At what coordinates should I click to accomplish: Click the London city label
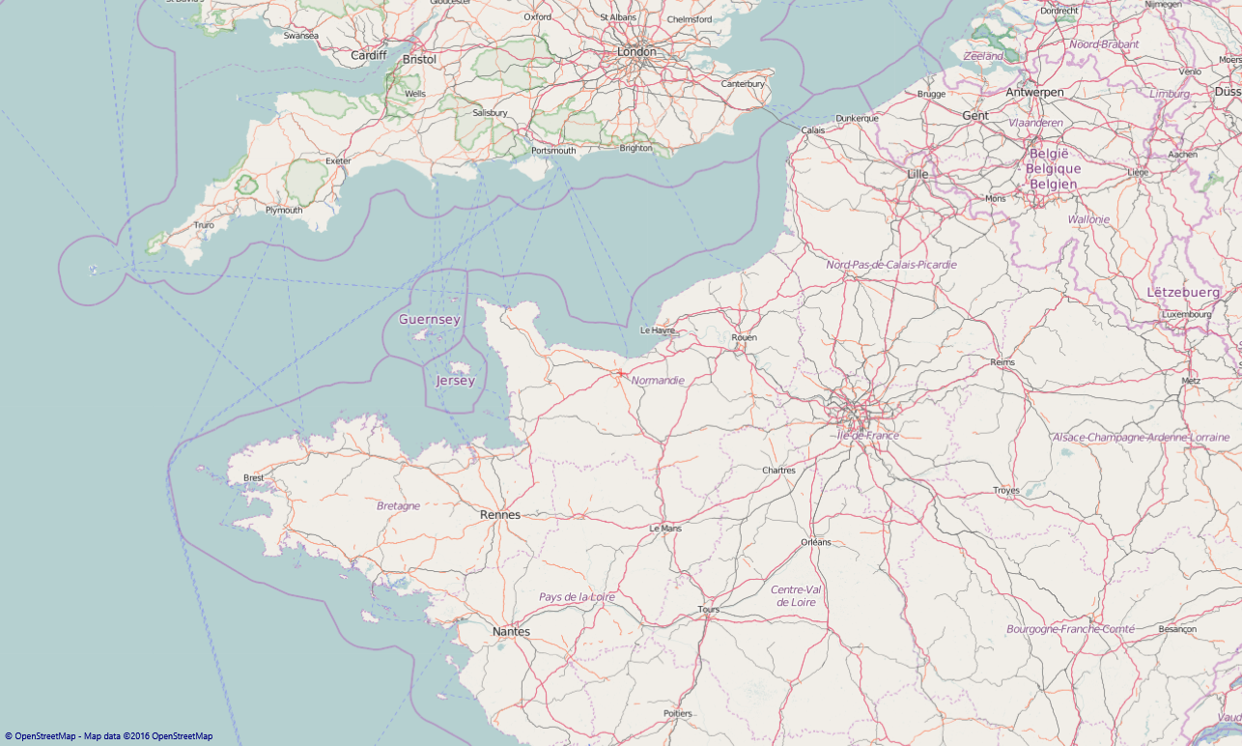(636, 52)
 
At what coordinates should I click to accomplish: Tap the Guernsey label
(430, 320)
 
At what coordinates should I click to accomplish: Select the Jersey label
(455, 381)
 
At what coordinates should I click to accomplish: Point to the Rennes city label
(500, 515)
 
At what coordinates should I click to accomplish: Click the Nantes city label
(511, 632)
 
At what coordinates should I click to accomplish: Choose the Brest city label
(254, 477)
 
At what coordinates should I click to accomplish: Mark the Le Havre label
(658, 330)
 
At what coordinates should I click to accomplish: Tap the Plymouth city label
(284, 210)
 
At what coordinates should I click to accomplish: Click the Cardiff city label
(368, 56)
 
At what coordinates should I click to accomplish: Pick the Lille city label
(917, 174)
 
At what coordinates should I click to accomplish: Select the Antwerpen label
(1034, 93)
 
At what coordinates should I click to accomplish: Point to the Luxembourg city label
(1187, 314)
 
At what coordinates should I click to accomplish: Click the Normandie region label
(658, 381)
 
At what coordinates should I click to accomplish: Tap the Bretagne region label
(398, 505)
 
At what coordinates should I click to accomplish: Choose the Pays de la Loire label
(577, 597)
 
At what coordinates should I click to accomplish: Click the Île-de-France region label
(867, 436)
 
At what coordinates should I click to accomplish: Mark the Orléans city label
(815, 542)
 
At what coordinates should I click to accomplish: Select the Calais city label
(813, 129)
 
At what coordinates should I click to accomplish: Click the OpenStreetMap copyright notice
(108, 736)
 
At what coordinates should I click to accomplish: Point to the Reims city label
(1003, 362)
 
